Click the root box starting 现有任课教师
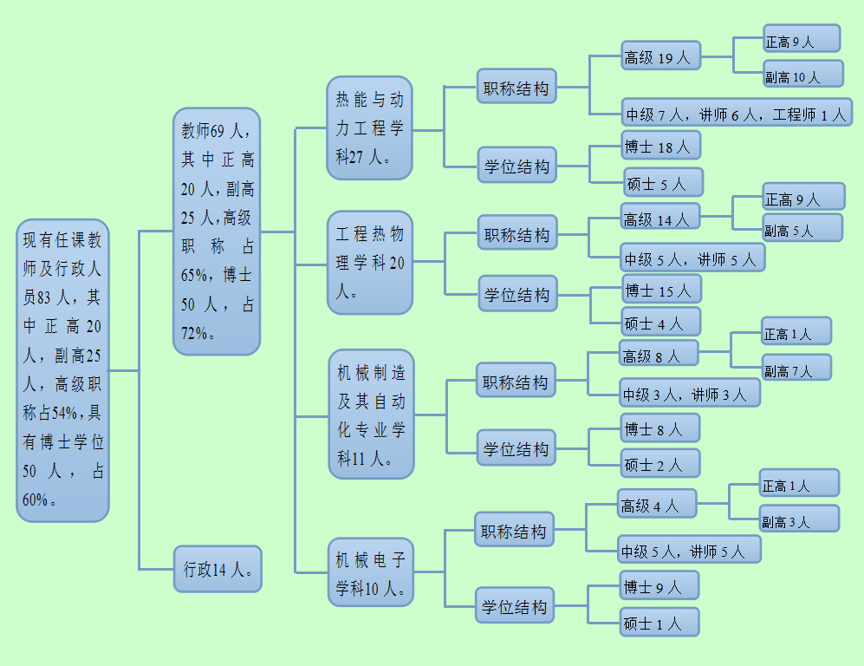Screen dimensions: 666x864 63,370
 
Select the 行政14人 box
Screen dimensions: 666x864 218,569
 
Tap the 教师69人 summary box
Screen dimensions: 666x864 217,232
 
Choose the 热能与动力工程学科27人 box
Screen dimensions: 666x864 369,128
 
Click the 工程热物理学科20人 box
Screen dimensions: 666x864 370,262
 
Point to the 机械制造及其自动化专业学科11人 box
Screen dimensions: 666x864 371,415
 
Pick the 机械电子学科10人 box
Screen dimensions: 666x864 370,573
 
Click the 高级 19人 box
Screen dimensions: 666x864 660,58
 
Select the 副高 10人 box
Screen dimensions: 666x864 802,76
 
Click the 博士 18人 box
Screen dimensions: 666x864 660,147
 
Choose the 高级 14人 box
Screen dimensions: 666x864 659,219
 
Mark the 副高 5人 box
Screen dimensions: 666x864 802,230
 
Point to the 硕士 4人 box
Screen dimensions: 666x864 660,323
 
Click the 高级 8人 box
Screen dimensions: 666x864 659,355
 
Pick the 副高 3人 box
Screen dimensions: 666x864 799,520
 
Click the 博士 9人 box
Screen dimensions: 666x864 659,587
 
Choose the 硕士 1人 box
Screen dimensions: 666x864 659,623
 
